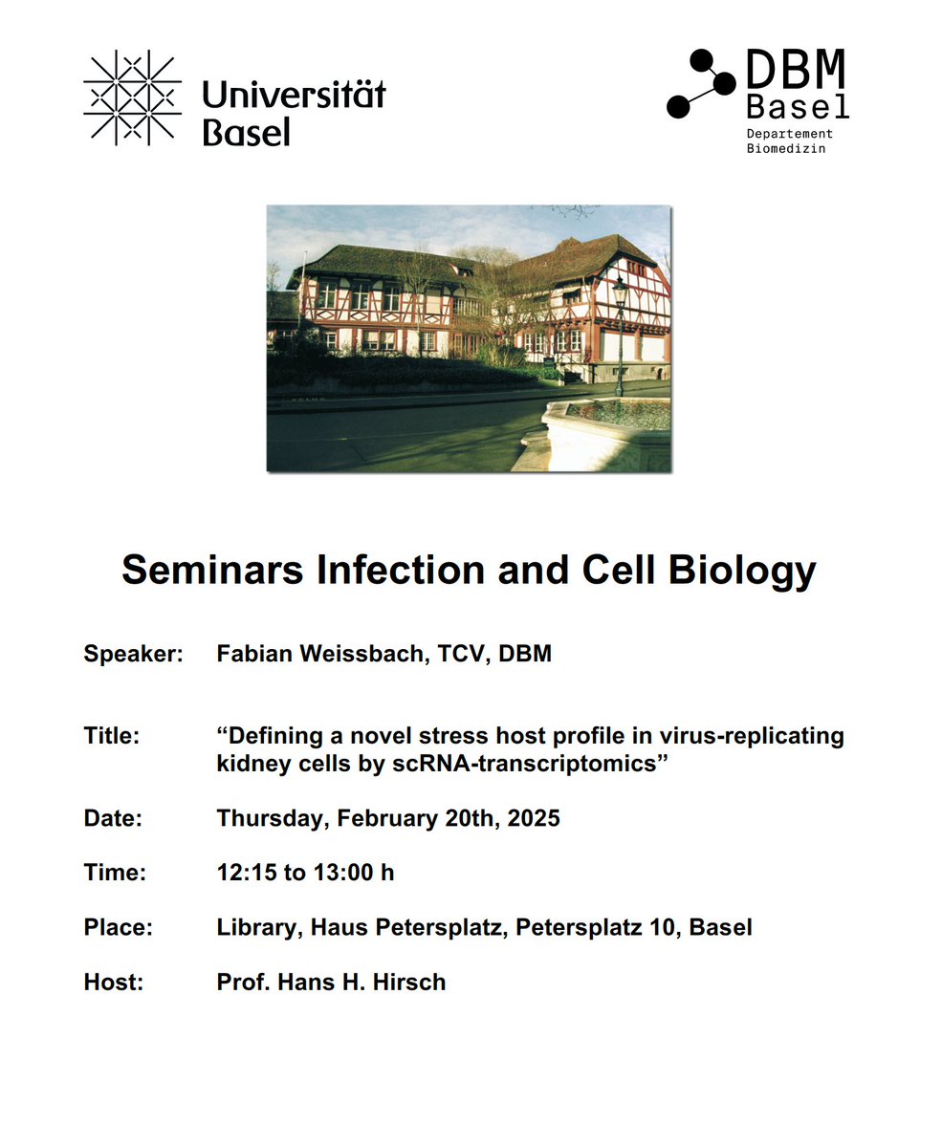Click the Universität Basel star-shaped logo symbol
132,98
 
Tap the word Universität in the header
294,96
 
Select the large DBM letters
796,73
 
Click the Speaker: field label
132,655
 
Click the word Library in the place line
252,927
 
